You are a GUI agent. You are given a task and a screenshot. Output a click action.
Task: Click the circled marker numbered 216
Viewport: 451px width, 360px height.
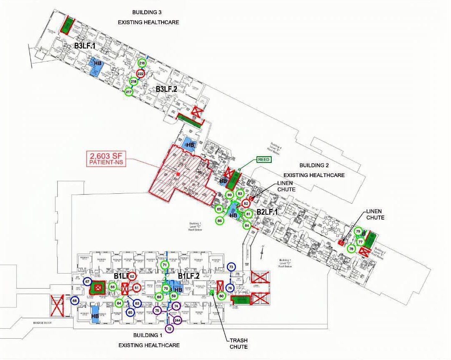point(142,63)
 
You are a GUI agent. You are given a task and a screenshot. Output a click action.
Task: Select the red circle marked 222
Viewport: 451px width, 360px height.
point(141,74)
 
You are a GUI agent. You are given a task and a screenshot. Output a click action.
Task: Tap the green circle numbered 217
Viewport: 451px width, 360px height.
point(129,92)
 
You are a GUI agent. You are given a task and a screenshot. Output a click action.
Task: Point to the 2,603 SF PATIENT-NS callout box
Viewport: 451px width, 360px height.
point(106,158)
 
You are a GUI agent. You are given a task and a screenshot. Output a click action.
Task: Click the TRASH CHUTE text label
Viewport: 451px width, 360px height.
point(238,344)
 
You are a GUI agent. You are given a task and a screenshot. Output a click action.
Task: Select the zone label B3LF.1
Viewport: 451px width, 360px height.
point(85,46)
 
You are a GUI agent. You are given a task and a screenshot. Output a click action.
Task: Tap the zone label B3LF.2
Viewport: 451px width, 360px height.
point(167,89)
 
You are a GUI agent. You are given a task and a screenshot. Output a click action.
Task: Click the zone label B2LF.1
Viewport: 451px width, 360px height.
point(268,213)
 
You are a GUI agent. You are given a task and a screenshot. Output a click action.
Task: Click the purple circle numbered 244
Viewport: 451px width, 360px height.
point(177,321)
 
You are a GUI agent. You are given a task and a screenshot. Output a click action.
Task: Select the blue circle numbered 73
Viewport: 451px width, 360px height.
point(231,267)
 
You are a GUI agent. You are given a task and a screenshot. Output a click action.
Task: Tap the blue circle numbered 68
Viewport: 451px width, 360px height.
point(75,301)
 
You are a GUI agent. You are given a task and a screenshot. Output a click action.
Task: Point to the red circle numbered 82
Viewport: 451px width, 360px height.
point(246,203)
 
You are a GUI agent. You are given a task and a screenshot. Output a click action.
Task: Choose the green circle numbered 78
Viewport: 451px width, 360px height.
point(352,249)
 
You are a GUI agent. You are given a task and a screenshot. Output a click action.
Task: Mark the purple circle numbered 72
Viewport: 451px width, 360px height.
point(169,329)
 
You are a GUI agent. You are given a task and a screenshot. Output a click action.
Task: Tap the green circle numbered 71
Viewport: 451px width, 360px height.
point(165,265)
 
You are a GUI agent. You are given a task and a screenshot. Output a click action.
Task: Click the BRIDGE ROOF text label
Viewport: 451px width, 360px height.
point(45,323)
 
